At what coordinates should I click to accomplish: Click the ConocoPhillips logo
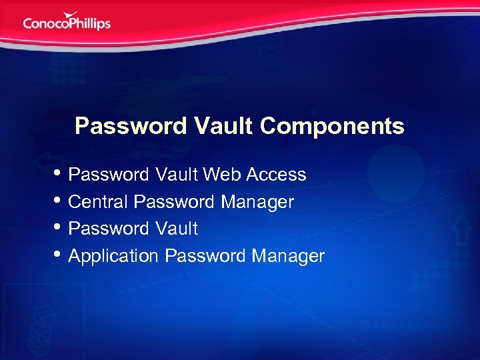coord(67,21)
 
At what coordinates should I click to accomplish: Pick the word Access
coord(276,175)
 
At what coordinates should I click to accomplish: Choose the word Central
coord(99,201)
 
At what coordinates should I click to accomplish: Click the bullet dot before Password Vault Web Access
coord(59,175)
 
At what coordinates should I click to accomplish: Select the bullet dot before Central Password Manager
coord(59,201)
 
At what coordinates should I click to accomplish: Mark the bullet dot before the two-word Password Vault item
coord(59,228)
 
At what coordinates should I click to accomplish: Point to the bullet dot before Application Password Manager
coord(59,255)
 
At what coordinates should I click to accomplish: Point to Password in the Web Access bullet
coord(109,175)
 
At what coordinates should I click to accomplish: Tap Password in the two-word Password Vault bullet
coord(109,229)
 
